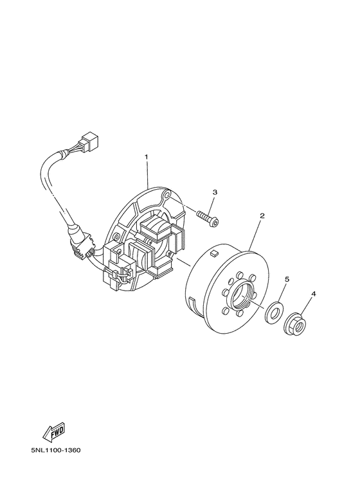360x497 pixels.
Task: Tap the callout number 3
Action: pos(215,192)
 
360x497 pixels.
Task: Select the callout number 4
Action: pos(313,294)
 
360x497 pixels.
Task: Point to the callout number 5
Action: pos(287,280)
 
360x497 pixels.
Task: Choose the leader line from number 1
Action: pos(147,173)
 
